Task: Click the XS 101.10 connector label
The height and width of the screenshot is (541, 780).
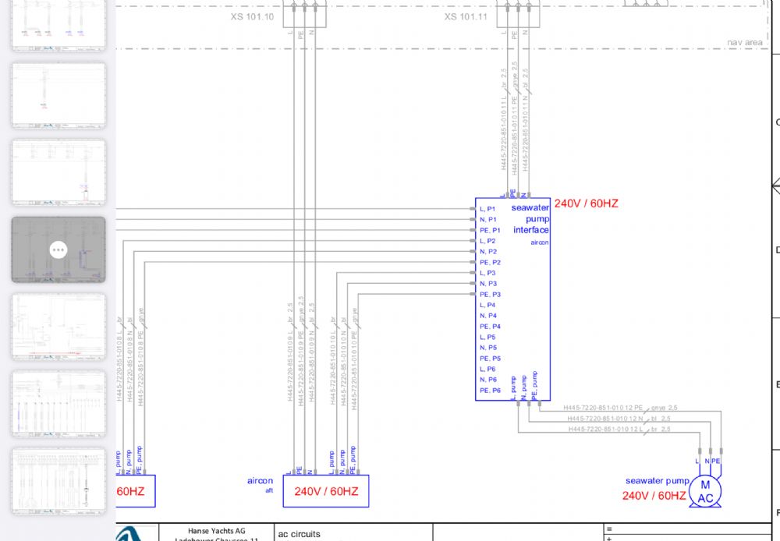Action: coord(252,16)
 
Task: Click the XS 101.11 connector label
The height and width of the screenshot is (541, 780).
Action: coord(466,16)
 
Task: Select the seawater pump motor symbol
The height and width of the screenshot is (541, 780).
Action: coord(705,492)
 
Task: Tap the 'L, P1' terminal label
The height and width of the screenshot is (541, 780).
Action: coord(487,209)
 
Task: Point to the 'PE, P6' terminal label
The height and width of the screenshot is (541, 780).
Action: coord(490,391)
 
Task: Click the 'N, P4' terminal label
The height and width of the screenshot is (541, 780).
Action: coord(487,316)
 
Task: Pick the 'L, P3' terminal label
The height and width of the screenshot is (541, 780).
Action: coord(487,273)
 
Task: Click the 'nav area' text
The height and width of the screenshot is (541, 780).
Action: coord(744,42)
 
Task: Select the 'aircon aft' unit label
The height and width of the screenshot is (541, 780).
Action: coord(261,483)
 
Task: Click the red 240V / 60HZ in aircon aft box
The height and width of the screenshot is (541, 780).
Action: coord(326,491)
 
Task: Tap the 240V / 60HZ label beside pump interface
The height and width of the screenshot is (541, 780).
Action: coord(586,203)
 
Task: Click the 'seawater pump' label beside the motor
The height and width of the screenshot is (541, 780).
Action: coord(657,481)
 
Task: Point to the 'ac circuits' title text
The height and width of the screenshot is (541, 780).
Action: coord(299,535)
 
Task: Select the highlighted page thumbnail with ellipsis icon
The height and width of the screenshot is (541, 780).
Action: coord(58,249)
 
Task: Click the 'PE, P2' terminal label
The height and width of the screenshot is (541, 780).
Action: coord(490,263)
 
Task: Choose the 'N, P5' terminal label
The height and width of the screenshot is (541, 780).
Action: coord(487,348)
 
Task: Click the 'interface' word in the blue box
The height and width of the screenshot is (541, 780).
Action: coord(530,230)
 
